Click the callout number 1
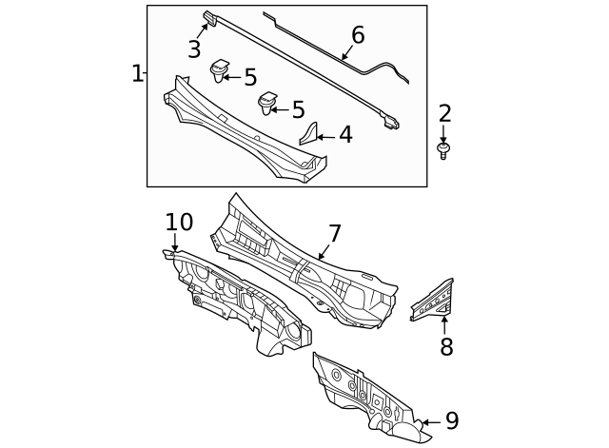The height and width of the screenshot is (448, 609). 137,73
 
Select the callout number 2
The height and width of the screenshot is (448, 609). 444,113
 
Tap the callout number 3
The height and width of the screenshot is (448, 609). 194,49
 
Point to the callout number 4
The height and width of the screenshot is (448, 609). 345,135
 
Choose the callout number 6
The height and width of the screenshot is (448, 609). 358,35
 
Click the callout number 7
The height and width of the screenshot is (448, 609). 334,234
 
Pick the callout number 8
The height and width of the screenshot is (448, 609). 446,347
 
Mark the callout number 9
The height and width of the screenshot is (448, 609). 452,420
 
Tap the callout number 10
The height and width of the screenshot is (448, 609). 179,223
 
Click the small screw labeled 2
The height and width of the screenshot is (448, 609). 442,150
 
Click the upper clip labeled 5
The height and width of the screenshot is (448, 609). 219,69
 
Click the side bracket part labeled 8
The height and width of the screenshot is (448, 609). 434,301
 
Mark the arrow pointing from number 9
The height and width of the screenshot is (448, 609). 430,421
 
